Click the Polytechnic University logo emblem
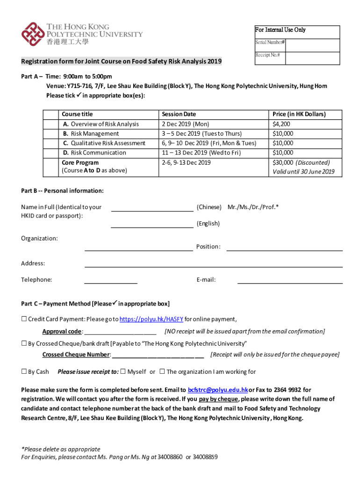[32, 34]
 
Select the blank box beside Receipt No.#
[312, 58]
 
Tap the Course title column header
[77, 114]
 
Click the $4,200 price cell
[281, 124]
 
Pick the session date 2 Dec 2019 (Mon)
[186, 124]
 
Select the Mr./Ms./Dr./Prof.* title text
[253, 207]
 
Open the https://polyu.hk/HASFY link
[151, 319]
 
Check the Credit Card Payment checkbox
[24, 319]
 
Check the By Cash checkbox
[24, 372]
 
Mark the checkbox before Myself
[122, 372]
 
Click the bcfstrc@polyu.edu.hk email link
[217, 390]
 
